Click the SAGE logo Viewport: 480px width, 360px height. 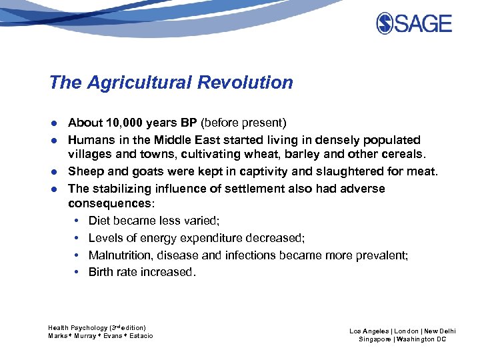point(413,24)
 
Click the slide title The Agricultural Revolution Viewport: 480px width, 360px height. point(171,83)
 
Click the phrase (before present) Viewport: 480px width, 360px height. point(243,123)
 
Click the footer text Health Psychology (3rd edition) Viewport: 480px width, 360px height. point(97,327)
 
